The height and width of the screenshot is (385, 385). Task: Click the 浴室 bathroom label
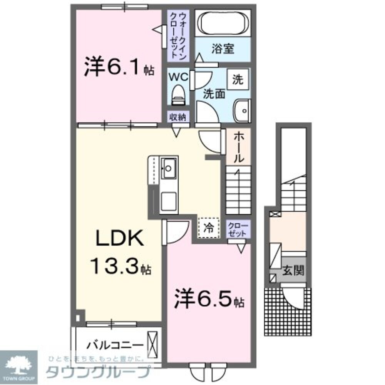(223, 49)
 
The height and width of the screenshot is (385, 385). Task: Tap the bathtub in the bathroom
(223, 23)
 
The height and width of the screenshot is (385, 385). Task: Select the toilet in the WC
(178, 95)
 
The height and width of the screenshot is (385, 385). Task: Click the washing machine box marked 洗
(238, 80)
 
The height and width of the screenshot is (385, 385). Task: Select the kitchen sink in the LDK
(169, 168)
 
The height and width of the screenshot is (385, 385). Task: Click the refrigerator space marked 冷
(208, 228)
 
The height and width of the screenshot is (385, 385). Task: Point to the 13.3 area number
(114, 266)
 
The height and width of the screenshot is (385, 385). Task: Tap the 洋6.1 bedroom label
(119, 69)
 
